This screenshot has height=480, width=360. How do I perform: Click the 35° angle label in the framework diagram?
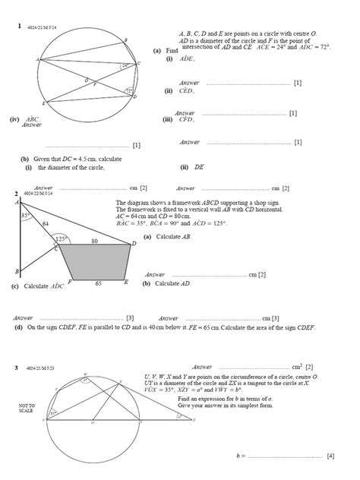point(25,216)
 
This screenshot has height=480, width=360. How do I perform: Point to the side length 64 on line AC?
point(45,223)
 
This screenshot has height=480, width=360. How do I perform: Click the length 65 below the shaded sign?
point(98,283)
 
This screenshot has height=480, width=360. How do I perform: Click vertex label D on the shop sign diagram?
point(134,243)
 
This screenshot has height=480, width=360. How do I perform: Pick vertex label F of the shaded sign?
point(70,282)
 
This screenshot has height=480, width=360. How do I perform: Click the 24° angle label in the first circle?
point(125,66)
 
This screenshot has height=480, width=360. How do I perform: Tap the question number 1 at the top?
point(17,27)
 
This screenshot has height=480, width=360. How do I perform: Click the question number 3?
point(16,368)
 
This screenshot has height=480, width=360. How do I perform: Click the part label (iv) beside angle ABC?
point(14,119)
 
